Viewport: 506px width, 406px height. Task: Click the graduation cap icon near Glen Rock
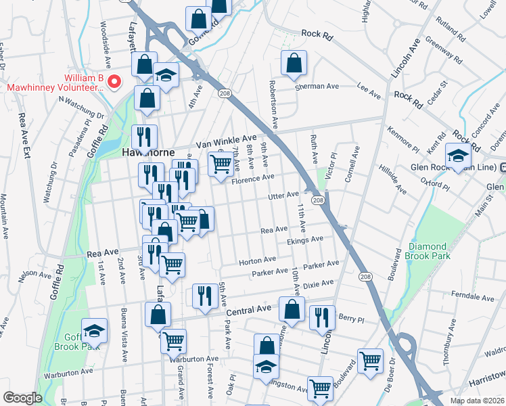tap(457, 156)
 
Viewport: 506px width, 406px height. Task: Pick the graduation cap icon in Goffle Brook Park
tap(94, 330)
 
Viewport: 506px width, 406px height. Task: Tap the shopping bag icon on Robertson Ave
tap(294, 64)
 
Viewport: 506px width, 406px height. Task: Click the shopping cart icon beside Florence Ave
tap(221, 164)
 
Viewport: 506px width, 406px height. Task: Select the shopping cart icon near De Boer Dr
tap(370, 361)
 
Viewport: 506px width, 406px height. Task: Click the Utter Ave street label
tap(283, 195)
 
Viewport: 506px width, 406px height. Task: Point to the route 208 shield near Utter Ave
tap(317, 200)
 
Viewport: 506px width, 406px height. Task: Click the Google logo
tap(22, 398)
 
